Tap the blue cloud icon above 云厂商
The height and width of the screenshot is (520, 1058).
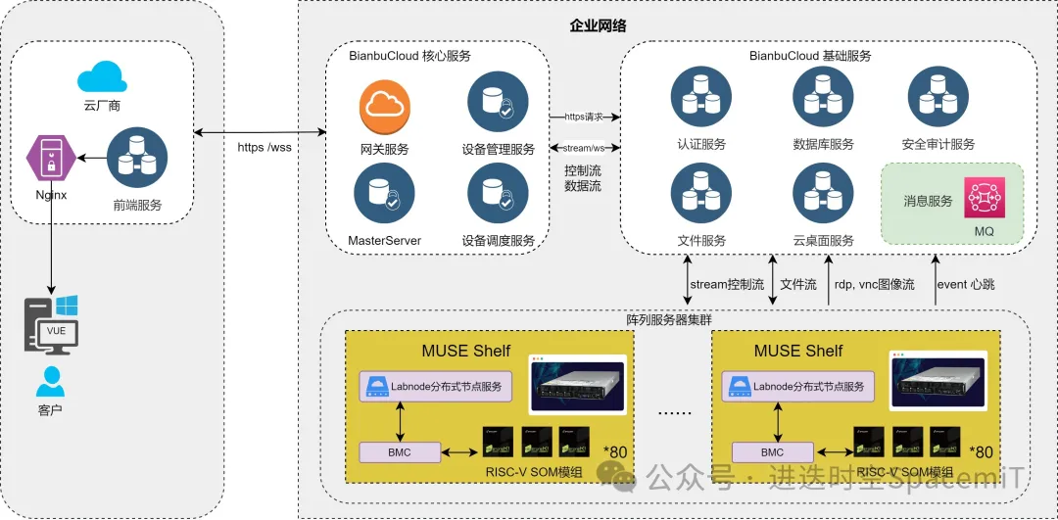pyautogui.click(x=102, y=76)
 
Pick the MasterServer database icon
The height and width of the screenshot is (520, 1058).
pyautogui.click(x=384, y=193)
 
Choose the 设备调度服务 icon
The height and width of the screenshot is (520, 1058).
pyautogui.click(x=498, y=193)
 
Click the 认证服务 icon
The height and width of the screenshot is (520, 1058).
pyautogui.click(x=700, y=98)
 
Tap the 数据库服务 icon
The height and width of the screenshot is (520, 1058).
pyautogui.click(x=823, y=98)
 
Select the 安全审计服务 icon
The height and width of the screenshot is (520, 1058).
pyautogui.click(x=938, y=98)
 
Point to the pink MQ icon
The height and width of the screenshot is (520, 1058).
pyautogui.click(x=984, y=198)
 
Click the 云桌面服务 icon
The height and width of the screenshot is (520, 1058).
pyautogui.click(x=823, y=193)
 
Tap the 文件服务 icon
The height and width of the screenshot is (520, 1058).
pyautogui.click(x=700, y=193)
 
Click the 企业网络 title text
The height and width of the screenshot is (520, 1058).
pyautogui.click(x=598, y=25)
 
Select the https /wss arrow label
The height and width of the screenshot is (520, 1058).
pyautogui.click(x=264, y=148)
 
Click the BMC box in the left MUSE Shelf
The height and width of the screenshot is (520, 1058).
pyautogui.click(x=400, y=452)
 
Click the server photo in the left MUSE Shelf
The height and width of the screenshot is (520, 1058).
pyautogui.click(x=578, y=384)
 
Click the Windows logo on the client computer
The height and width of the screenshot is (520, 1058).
pyautogui.click(x=67, y=307)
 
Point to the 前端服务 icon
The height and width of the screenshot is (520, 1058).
pyautogui.click(x=137, y=158)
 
